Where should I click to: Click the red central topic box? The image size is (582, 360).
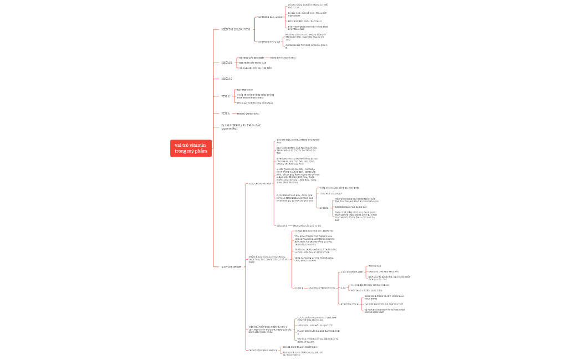[x=191, y=148]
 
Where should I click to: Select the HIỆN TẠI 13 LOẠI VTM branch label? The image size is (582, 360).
[x=236, y=29]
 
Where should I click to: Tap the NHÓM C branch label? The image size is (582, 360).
[x=226, y=79]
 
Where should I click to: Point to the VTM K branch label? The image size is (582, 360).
[x=225, y=96]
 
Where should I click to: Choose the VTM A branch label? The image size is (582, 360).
[x=225, y=113]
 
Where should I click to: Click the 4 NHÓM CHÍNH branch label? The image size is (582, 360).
[x=232, y=267]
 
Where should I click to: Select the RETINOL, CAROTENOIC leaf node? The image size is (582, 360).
[x=248, y=113]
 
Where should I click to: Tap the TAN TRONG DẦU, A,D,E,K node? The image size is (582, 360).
[x=270, y=17]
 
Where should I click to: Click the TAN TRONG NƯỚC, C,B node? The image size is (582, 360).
[x=268, y=41]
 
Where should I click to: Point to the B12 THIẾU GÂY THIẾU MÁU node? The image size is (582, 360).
[x=253, y=63]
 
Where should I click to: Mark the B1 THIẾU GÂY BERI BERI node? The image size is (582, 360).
[x=252, y=58]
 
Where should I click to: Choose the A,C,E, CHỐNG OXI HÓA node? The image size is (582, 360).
[x=259, y=183]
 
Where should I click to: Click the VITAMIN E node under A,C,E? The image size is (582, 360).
[x=282, y=226]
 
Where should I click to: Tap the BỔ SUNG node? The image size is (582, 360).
[x=324, y=208]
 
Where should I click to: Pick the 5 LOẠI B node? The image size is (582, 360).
[x=298, y=288]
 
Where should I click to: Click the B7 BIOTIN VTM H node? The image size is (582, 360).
[x=350, y=305]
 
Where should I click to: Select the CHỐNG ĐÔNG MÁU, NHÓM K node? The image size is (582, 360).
[x=263, y=351]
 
